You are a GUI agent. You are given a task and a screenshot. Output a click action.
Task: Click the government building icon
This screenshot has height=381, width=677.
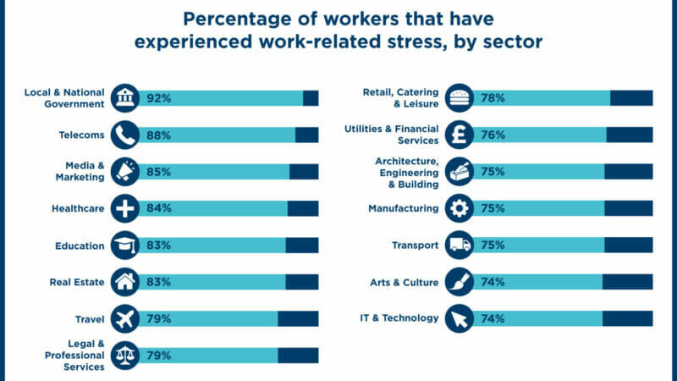(x=124, y=98)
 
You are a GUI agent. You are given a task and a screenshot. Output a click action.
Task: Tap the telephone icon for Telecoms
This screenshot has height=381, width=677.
(x=124, y=135)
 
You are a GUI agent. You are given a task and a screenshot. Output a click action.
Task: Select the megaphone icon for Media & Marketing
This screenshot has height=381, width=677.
(x=124, y=172)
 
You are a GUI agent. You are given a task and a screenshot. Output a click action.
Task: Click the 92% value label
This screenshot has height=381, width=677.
(x=158, y=98)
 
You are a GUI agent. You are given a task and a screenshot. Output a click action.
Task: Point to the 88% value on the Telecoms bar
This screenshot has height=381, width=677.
(x=158, y=135)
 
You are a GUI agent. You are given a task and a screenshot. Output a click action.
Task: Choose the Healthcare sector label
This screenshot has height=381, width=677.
(x=78, y=208)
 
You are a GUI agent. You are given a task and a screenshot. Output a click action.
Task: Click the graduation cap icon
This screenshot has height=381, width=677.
(x=124, y=245)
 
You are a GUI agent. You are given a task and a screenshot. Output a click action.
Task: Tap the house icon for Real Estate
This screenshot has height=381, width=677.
(x=124, y=282)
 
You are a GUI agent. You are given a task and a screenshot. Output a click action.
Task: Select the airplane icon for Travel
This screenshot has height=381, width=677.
(x=124, y=319)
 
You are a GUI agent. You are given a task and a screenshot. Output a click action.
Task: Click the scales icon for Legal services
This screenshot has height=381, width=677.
(x=124, y=356)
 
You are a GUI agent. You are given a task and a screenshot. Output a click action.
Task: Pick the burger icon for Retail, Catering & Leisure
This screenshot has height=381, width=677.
(x=460, y=98)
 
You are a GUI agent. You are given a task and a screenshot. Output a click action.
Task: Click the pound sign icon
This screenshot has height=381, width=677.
(x=460, y=135)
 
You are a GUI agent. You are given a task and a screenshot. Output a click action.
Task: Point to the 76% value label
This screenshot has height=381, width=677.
(x=493, y=135)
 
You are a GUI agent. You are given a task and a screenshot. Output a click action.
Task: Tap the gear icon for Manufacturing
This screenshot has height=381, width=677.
(x=460, y=208)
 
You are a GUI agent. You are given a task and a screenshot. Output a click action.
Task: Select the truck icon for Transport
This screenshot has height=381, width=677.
(x=460, y=245)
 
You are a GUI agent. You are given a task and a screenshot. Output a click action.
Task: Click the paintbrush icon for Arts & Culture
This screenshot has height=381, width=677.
(x=460, y=282)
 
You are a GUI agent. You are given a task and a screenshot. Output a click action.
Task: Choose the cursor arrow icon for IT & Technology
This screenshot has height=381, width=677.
(x=460, y=319)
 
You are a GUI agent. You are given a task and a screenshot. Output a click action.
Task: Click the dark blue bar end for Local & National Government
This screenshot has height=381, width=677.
(x=311, y=98)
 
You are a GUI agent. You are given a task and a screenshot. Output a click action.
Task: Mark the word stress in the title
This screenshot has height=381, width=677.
(x=416, y=41)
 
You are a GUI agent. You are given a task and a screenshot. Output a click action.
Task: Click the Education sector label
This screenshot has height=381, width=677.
(x=80, y=246)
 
